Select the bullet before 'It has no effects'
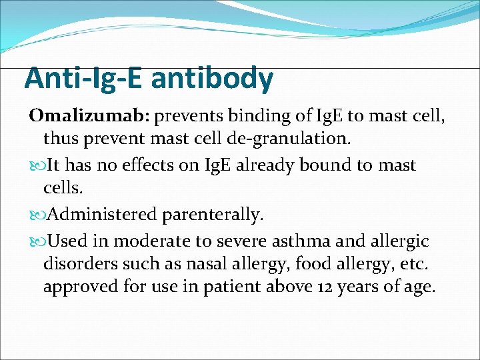click(x=36, y=165)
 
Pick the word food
click(x=287, y=264)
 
